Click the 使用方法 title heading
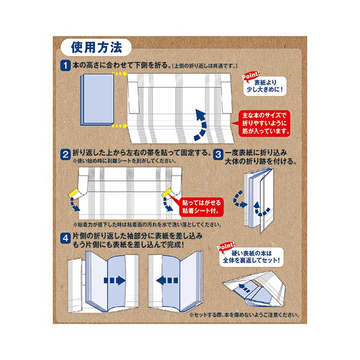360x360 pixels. [96, 48]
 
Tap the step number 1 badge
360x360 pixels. [65, 66]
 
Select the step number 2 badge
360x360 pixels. [65, 155]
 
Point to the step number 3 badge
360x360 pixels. [218, 155]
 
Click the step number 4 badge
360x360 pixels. [65, 238]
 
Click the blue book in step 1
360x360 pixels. [97, 100]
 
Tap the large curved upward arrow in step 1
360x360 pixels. [201, 125]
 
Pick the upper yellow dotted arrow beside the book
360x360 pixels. [120, 74]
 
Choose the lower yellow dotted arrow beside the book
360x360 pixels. [120, 126]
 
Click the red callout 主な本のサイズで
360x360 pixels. [264, 123]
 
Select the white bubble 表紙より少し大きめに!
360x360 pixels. [265, 86]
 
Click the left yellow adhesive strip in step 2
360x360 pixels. [73, 192]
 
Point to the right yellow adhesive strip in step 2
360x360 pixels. [166, 192]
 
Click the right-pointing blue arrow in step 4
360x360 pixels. [115, 280]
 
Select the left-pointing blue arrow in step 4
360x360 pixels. [167, 280]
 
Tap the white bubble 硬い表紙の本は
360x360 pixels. [252, 257]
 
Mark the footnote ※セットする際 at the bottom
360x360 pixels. [244, 315]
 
